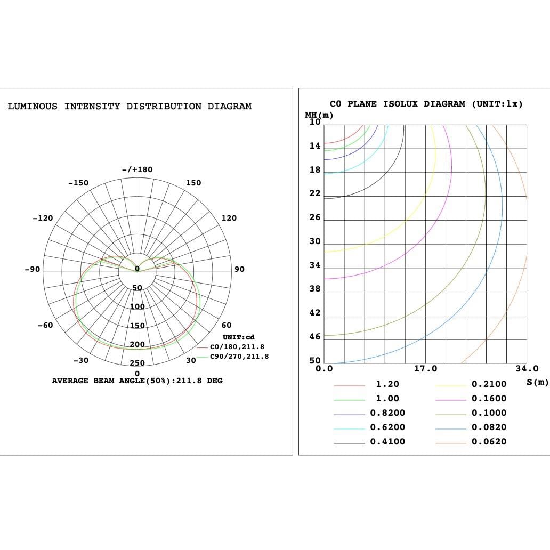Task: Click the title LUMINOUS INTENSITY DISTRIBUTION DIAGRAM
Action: point(130,107)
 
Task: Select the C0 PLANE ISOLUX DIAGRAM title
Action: point(426,104)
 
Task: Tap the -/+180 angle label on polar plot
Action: point(137,169)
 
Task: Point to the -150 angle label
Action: point(78,183)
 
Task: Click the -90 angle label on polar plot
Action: point(33,269)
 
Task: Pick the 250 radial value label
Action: point(137,363)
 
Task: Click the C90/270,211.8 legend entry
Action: point(239,357)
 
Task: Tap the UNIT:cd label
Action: point(239,337)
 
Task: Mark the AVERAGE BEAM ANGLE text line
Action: point(137,381)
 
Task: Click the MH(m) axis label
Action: point(319,115)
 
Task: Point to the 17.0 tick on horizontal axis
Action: point(425,369)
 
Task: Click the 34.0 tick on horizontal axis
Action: point(527,369)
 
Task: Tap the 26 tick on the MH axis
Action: point(315,217)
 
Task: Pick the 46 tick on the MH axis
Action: point(315,337)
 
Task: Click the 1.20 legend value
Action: point(387,384)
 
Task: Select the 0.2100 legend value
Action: point(489,384)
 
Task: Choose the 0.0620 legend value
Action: point(489,442)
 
